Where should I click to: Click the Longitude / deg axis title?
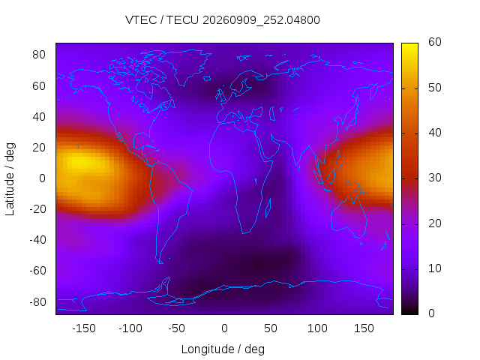[x=223, y=349]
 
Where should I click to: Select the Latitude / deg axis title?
[x=10, y=179]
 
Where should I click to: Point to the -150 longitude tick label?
[x=84, y=328]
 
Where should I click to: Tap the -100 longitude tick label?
[x=130, y=328]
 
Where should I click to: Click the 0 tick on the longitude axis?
[x=224, y=328]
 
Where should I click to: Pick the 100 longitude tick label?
[x=317, y=328]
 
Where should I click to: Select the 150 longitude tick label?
[x=364, y=328]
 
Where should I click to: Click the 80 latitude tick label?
[x=39, y=55]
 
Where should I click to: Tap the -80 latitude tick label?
[x=37, y=302]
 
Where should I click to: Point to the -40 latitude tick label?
[x=37, y=240]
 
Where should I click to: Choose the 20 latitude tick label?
[x=39, y=148]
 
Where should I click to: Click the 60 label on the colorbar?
[x=435, y=42]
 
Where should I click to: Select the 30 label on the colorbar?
[x=435, y=178]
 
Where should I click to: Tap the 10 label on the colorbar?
[x=435, y=268]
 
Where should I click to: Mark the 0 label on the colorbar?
[x=432, y=313]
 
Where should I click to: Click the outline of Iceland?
[x=207, y=79]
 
